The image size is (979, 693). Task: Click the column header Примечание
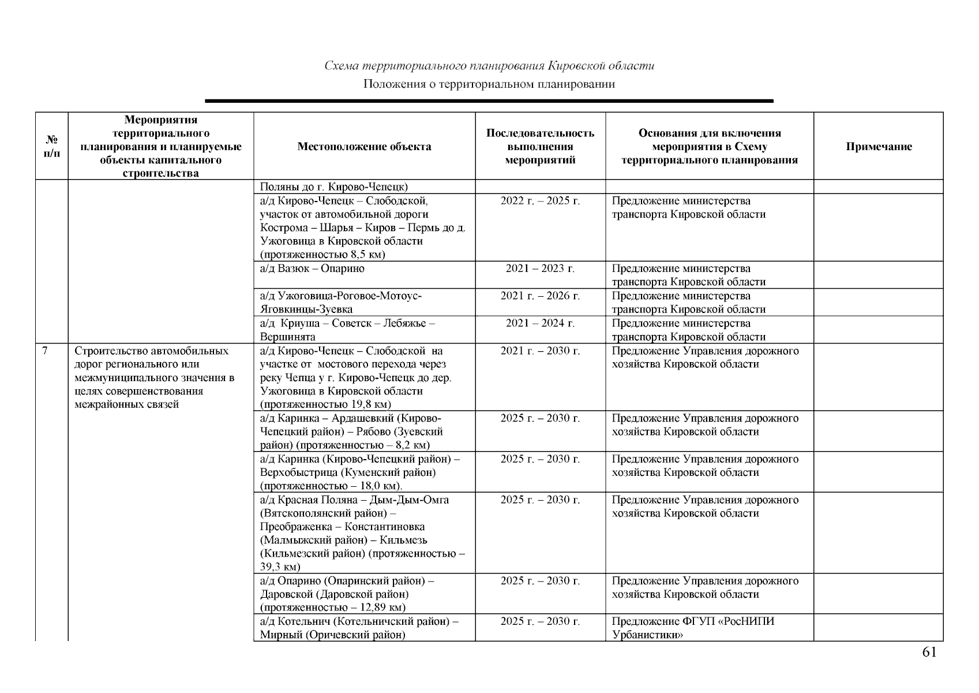[x=879, y=147]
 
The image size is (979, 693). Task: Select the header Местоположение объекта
[x=364, y=147]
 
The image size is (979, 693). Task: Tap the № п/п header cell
[x=52, y=147]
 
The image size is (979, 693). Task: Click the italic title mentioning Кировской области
[x=489, y=66]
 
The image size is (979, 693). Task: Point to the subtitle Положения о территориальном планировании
[x=489, y=84]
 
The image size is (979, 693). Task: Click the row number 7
[x=45, y=351]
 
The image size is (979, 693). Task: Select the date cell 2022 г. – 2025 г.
[x=540, y=201]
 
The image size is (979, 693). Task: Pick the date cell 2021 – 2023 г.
[x=540, y=269]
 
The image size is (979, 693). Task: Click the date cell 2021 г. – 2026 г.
[x=540, y=296]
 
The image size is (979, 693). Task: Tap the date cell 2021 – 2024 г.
[x=540, y=323]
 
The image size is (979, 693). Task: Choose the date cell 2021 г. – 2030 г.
[x=540, y=351]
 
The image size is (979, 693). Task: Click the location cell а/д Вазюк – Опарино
[x=312, y=269]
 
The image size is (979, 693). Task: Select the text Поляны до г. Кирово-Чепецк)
[x=333, y=187]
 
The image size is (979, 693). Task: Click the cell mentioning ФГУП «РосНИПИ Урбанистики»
[x=693, y=628]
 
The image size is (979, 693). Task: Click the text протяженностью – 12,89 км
[x=332, y=608]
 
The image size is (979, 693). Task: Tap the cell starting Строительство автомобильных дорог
[x=154, y=378]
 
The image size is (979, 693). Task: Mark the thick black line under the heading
[x=489, y=101]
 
